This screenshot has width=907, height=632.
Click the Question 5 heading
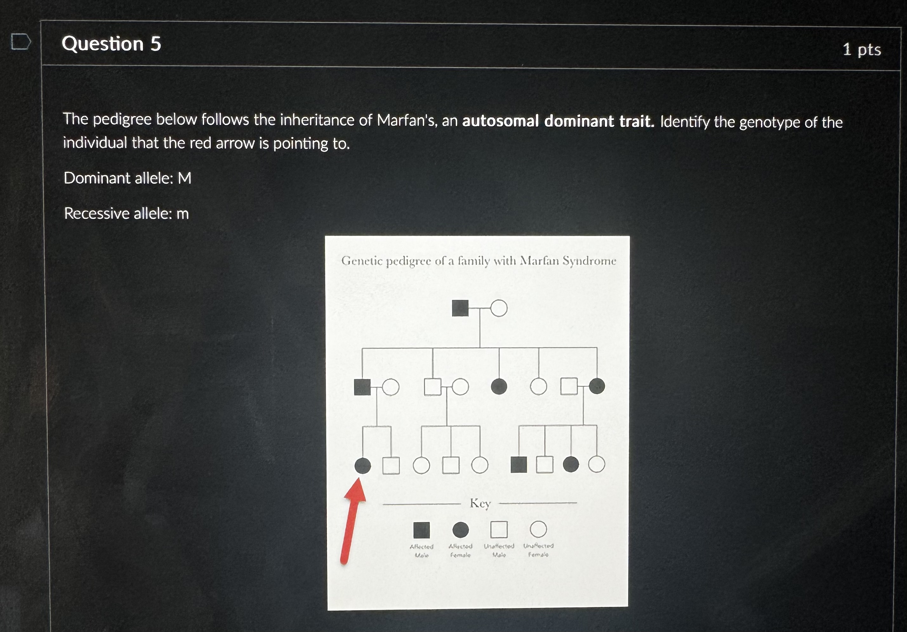pyautogui.click(x=111, y=43)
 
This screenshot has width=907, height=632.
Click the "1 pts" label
pyautogui.click(x=862, y=50)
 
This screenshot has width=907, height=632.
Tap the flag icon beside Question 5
pyautogui.click(x=21, y=42)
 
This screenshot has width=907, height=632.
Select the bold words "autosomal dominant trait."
pyautogui.click(x=558, y=121)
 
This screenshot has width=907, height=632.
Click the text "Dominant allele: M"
pyautogui.click(x=127, y=178)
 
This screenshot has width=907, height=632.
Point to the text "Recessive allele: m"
pyautogui.click(x=126, y=213)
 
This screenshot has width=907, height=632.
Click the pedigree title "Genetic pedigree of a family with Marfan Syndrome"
pyautogui.click(x=478, y=261)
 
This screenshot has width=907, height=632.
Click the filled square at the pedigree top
pyautogui.click(x=460, y=308)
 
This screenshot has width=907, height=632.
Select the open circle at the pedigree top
pyautogui.click(x=499, y=308)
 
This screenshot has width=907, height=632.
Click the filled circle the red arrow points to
pyautogui.click(x=363, y=465)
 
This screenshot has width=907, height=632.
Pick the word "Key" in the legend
pyautogui.click(x=480, y=503)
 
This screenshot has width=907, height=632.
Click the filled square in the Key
pyautogui.click(x=421, y=530)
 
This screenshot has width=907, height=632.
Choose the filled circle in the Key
pyautogui.click(x=460, y=530)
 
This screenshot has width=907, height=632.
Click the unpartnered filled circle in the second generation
pyautogui.click(x=499, y=386)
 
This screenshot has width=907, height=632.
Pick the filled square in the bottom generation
pyautogui.click(x=518, y=464)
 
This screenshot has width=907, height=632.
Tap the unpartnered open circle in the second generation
pyautogui.click(x=538, y=386)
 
